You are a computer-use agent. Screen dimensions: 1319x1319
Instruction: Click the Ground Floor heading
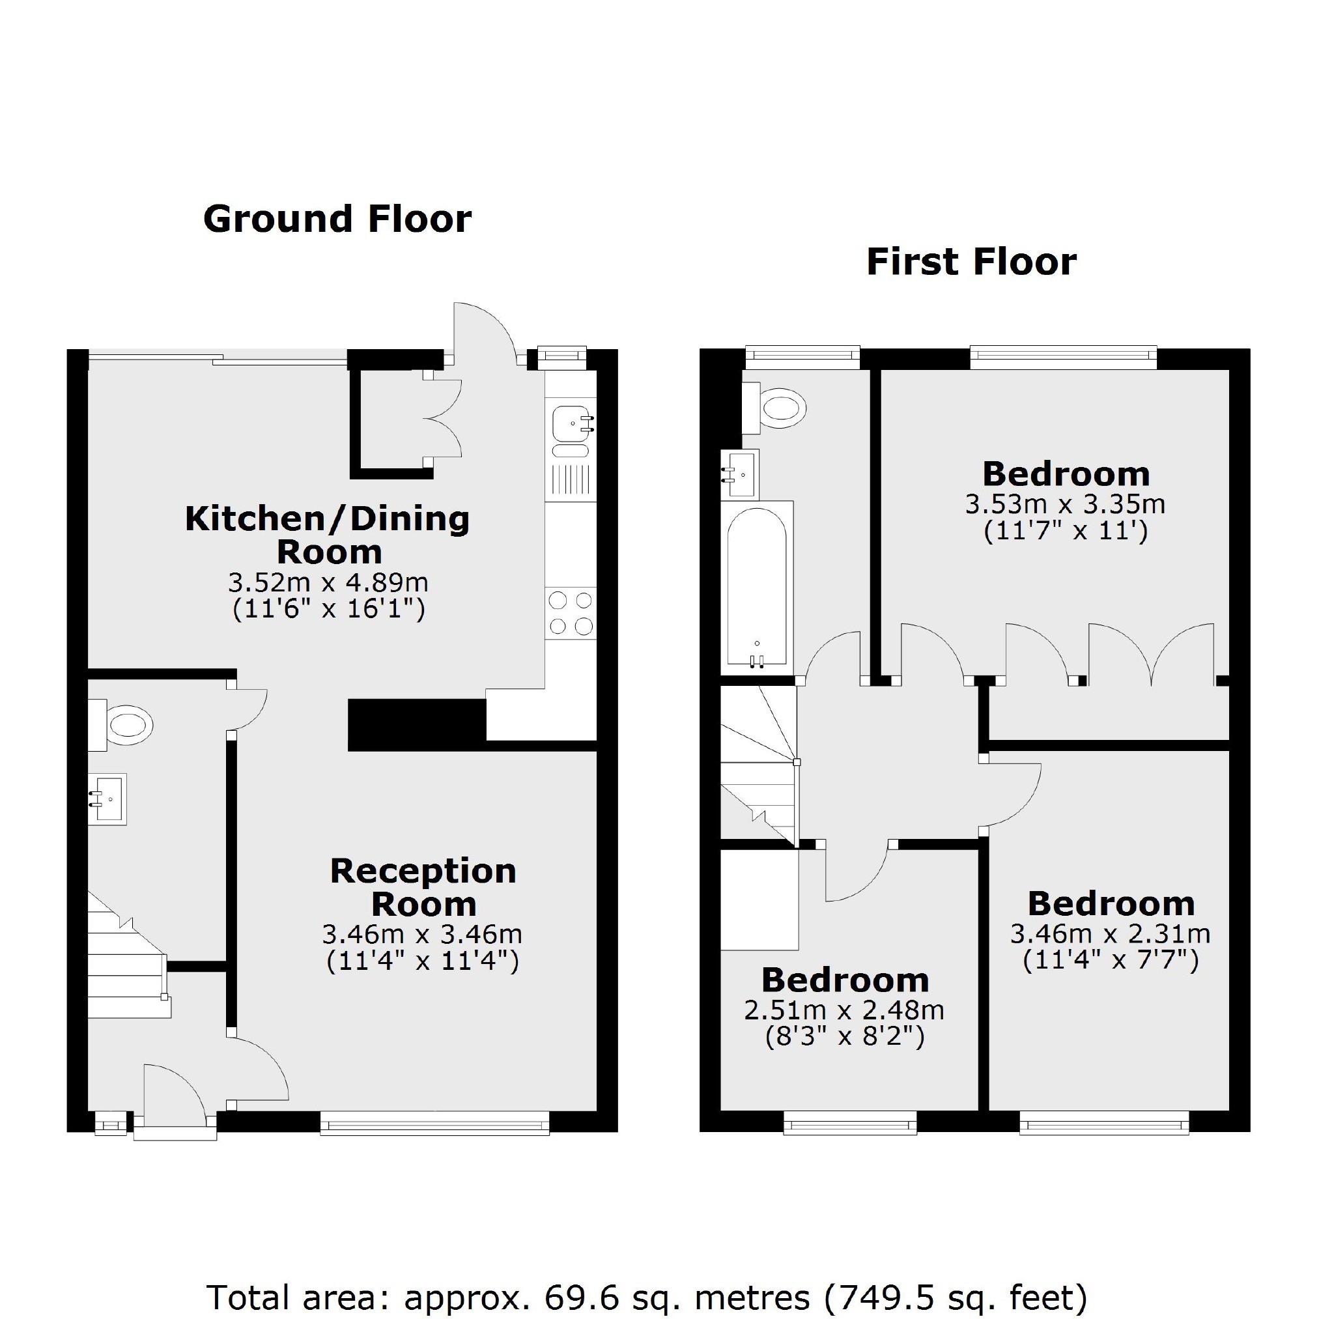337,220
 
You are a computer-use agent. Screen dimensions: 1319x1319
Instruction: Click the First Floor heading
971,262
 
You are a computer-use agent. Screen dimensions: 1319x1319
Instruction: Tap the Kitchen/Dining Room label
328,535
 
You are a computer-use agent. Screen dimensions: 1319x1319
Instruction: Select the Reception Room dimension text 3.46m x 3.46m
423,934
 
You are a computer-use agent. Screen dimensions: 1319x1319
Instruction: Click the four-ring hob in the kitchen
571,613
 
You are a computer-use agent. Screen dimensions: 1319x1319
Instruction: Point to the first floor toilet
774,408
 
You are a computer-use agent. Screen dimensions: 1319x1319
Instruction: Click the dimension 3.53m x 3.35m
1065,505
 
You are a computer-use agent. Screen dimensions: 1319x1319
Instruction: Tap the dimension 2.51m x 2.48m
845,1010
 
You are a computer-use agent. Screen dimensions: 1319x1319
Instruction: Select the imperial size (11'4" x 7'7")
1111,961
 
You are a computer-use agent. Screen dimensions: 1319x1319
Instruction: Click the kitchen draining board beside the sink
571,479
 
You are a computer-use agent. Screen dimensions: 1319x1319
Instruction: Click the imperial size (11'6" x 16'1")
329,609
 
